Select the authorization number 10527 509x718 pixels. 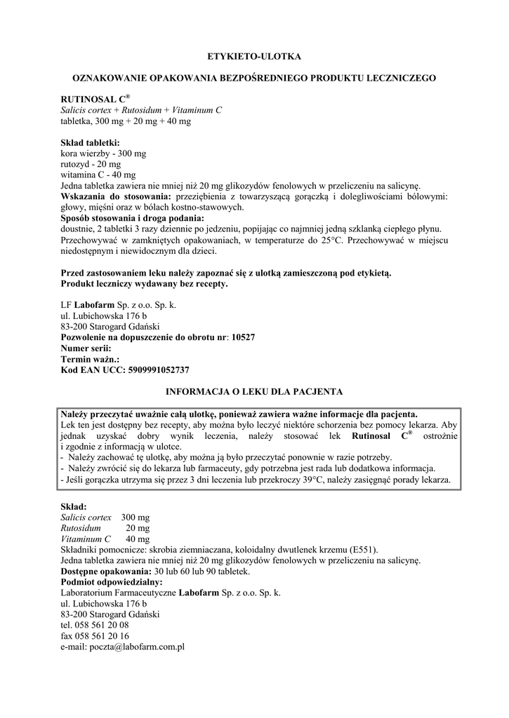click(x=243, y=337)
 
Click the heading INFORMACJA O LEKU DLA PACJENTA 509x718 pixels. click(x=253, y=390)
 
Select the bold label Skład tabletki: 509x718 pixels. click(x=91, y=142)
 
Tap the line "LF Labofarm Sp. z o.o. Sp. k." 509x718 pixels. click(x=119, y=305)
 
